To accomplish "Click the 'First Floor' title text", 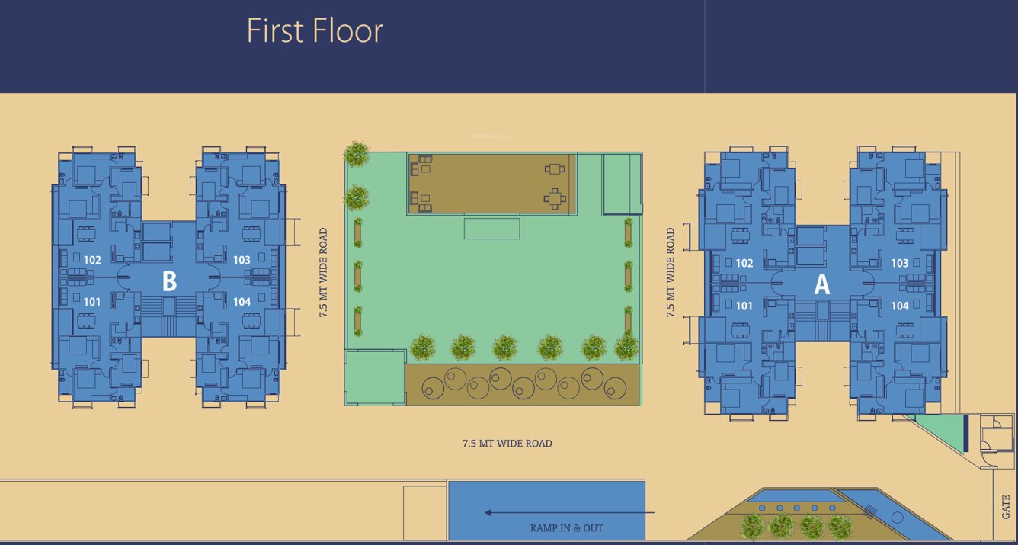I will coord(315,31).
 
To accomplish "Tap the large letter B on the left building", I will coord(169,281).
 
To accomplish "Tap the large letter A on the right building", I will coord(821,284).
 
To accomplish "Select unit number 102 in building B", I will coord(92,260).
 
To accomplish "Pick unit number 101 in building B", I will coord(92,302).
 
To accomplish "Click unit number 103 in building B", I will coord(242,260).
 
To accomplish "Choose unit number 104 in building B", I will coord(242,302).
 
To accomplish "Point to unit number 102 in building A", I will coord(744,264).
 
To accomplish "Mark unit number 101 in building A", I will coord(744,306).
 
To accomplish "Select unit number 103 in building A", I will coord(899,264).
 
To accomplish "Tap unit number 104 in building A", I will coord(899,306).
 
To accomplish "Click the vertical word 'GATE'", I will coord(1006,507).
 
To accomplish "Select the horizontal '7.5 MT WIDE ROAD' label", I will coord(507,443).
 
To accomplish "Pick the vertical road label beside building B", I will coord(324,272).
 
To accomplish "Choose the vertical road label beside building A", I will coord(671,272).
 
